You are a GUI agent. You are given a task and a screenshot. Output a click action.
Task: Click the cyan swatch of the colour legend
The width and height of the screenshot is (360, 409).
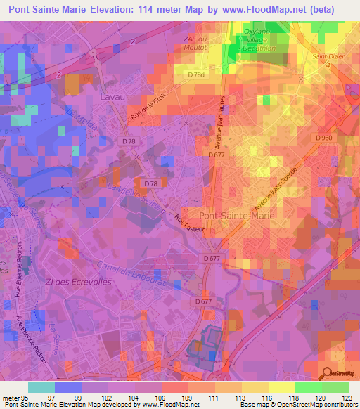41,387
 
